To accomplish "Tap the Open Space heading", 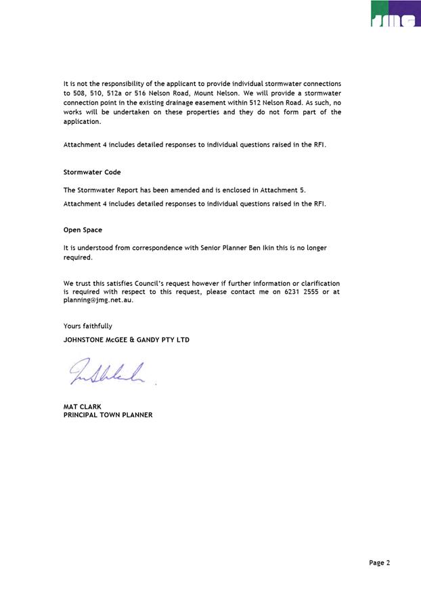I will coord(83,230).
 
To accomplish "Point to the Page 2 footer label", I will coord(380,562).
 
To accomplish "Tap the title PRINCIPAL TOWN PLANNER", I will coord(108,415).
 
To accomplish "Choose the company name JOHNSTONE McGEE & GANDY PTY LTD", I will coord(127,340).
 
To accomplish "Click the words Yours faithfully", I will coord(88,326).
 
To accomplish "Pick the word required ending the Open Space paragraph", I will coord(77,257).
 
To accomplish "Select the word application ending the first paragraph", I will coord(81,122).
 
